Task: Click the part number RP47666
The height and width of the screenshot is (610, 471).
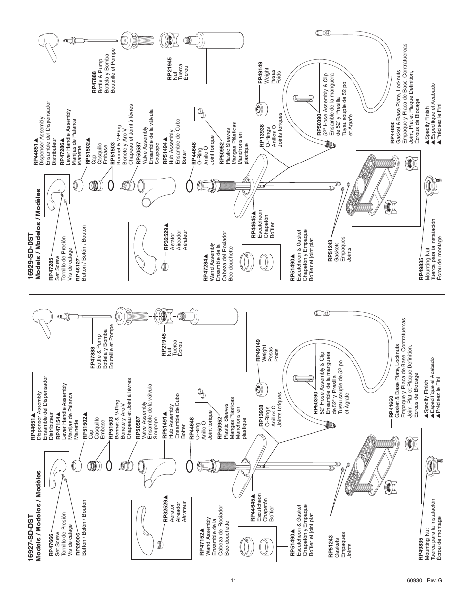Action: click(x=51, y=548)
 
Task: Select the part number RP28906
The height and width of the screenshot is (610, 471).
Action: click(x=78, y=548)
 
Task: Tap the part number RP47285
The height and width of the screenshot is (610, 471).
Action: click(x=51, y=269)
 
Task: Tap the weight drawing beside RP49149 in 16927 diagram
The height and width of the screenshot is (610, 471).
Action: click(x=259, y=390)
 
